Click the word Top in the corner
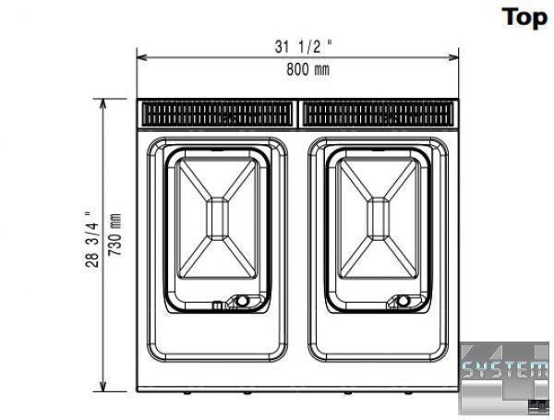[x=524, y=18]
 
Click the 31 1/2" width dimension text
[x=304, y=46]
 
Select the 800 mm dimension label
[x=307, y=69]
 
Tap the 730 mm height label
[x=114, y=234]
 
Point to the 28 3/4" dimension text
[x=91, y=239]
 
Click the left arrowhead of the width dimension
[x=141, y=57]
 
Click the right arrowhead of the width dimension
[x=453, y=57]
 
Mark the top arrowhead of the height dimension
[x=103, y=104]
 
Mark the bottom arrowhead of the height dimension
[x=103, y=387]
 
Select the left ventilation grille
[x=217, y=114]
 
